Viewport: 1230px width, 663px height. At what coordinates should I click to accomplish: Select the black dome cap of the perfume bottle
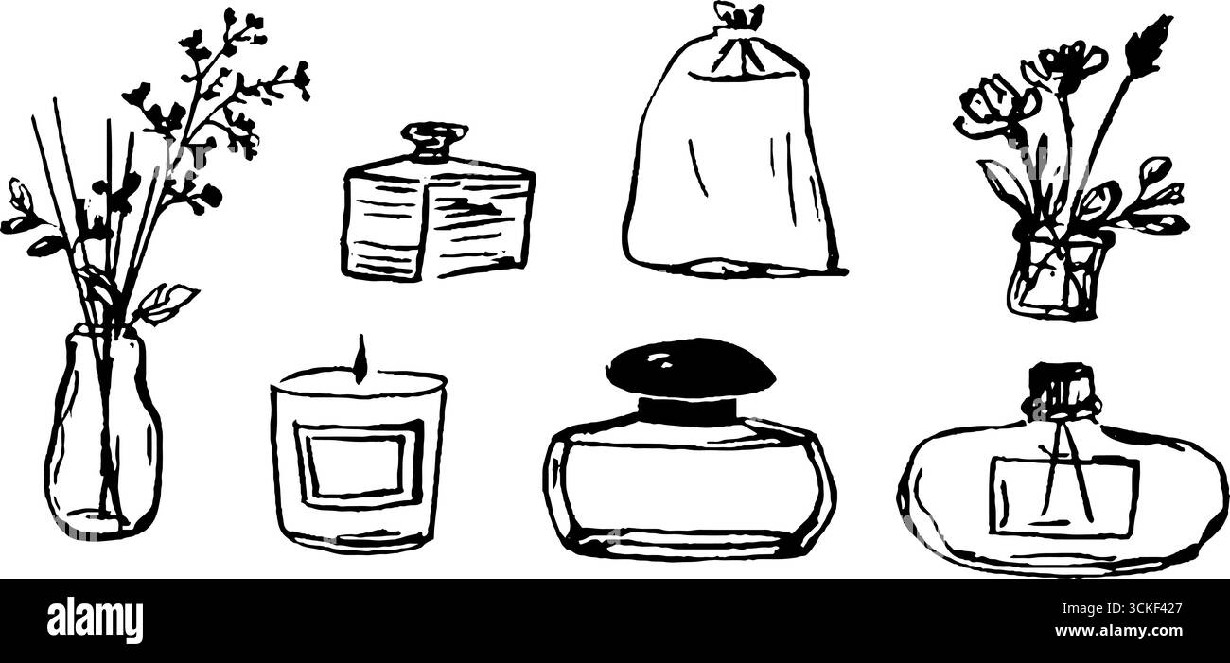click(690, 366)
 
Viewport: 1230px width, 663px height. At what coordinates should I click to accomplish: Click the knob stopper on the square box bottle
click(433, 140)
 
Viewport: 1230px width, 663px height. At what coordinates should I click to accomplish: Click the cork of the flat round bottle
click(1061, 388)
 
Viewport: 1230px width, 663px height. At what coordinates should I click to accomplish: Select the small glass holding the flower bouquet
click(1058, 275)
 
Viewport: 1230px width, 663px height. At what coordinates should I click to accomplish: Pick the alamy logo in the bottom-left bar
click(95, 620)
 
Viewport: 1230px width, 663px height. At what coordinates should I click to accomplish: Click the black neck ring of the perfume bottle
click(687, 410)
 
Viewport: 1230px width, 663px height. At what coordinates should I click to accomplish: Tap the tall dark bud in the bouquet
click(1149, 42)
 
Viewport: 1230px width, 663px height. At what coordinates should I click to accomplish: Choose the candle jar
click(358, 459)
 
